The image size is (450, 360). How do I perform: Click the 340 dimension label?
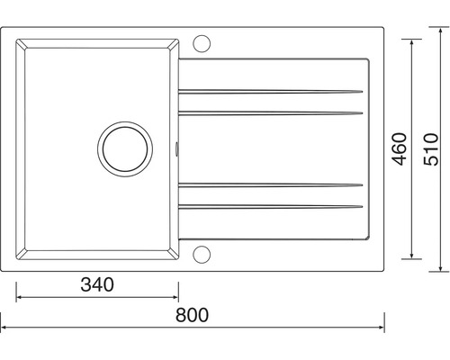97,284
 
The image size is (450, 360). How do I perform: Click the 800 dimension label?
192,315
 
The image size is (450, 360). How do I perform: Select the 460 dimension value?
400,149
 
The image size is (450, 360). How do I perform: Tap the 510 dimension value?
431,149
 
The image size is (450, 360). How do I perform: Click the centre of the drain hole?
125,149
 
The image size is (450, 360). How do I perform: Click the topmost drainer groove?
271,92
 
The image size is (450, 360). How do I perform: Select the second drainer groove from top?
271,113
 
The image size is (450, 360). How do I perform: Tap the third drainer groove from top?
271,185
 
